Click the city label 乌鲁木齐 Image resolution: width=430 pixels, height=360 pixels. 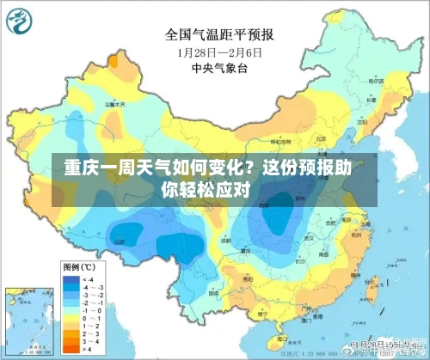click(113, 103)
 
